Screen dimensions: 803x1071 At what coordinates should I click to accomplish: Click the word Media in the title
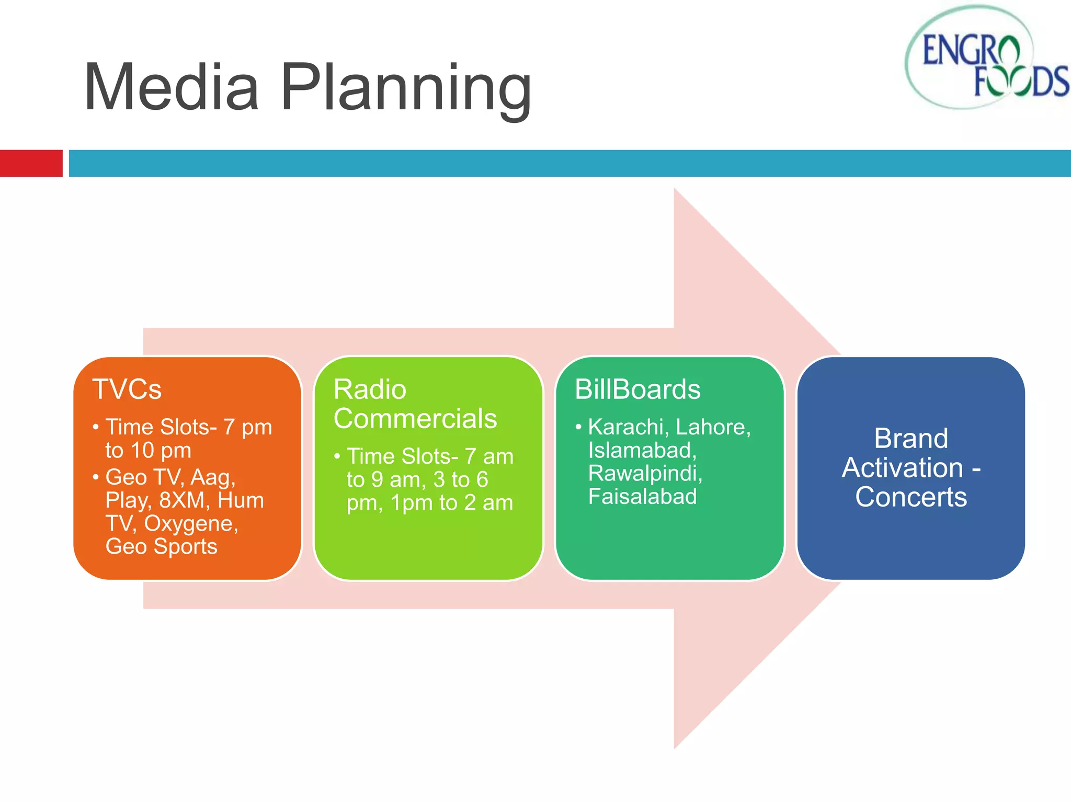click(x=172, y=88)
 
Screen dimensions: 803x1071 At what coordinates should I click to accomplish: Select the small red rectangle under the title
click(x=31, y=163)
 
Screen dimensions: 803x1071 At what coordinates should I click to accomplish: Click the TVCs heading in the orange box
click(x=127, y=389)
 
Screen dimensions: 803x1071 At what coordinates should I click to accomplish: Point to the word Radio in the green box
click(x=370, y=389)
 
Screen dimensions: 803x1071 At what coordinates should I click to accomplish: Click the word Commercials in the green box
click(x=415, y=419)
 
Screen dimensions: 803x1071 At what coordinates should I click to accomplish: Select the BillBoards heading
click(x=637, y=389)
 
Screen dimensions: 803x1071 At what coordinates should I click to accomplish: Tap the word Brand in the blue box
click(x=910, y=438)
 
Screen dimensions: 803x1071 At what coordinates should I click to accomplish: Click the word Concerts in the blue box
click(x=910, y=497)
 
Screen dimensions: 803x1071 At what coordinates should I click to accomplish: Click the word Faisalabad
click(x=642, y=497)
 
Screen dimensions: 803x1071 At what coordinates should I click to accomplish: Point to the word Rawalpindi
click(x=645, y=473)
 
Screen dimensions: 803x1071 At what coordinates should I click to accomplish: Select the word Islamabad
click(x=642, y=450)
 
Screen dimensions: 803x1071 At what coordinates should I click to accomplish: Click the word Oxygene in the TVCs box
click(x=191, y=524)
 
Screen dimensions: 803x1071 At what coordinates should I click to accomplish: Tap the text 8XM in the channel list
click(x=181, y=500)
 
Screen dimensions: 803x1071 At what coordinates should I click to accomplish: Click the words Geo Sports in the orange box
click(x=161, y=547)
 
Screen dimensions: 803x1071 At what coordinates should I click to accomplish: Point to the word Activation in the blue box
click(x=902, y=467)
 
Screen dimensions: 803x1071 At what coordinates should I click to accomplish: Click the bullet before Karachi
click(x=578, y=428)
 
